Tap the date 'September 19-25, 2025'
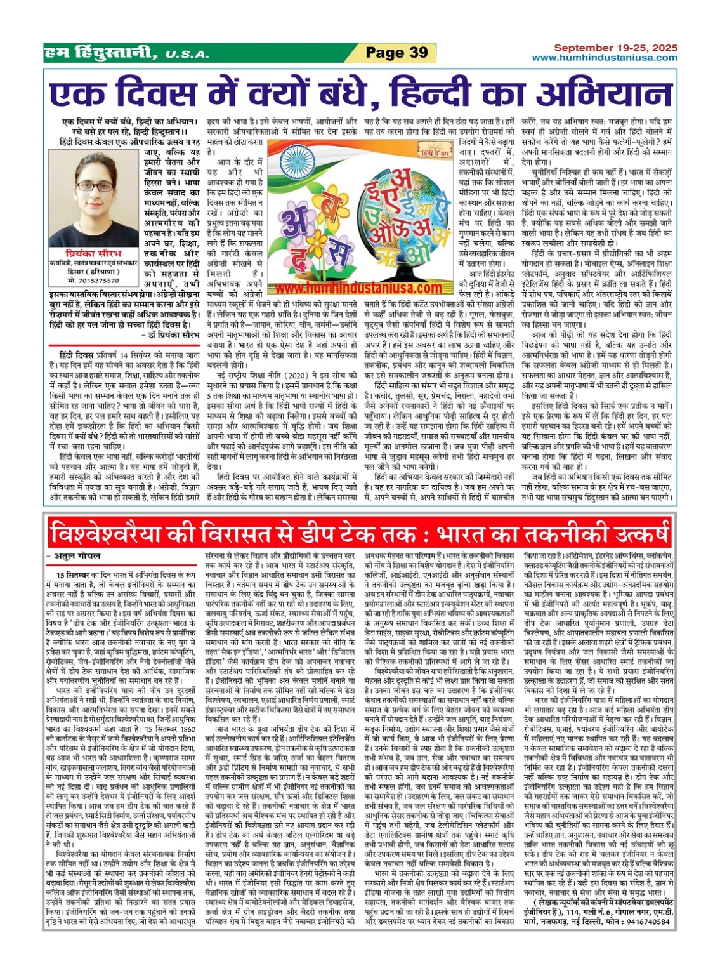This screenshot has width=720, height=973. click(615, 48)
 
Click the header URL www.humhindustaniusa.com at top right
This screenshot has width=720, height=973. click(604, 58)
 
